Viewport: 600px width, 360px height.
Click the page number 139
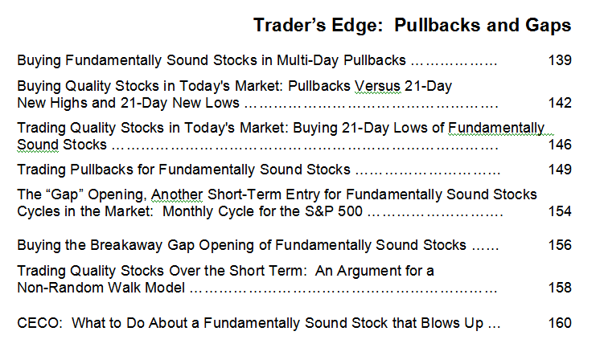point(560,60)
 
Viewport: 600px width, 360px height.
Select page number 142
point(560,102)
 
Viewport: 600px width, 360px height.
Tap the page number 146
point(560,145)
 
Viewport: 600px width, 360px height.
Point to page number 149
point(560,170)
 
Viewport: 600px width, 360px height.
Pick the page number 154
point(560,211)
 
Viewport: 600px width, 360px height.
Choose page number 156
point(560,244)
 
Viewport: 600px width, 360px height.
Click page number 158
point(560,288)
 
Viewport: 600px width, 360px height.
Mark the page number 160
point(560,323)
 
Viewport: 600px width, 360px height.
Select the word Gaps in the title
point(549,26)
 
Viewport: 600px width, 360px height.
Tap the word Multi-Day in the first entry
point(308,60)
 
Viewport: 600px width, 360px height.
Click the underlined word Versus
point(377,86)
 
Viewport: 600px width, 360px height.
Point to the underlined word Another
point(177,194)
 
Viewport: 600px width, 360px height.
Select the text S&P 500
point(334,211)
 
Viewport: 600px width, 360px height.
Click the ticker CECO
point(39,323)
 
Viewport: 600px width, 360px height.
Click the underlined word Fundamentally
point(496,128)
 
